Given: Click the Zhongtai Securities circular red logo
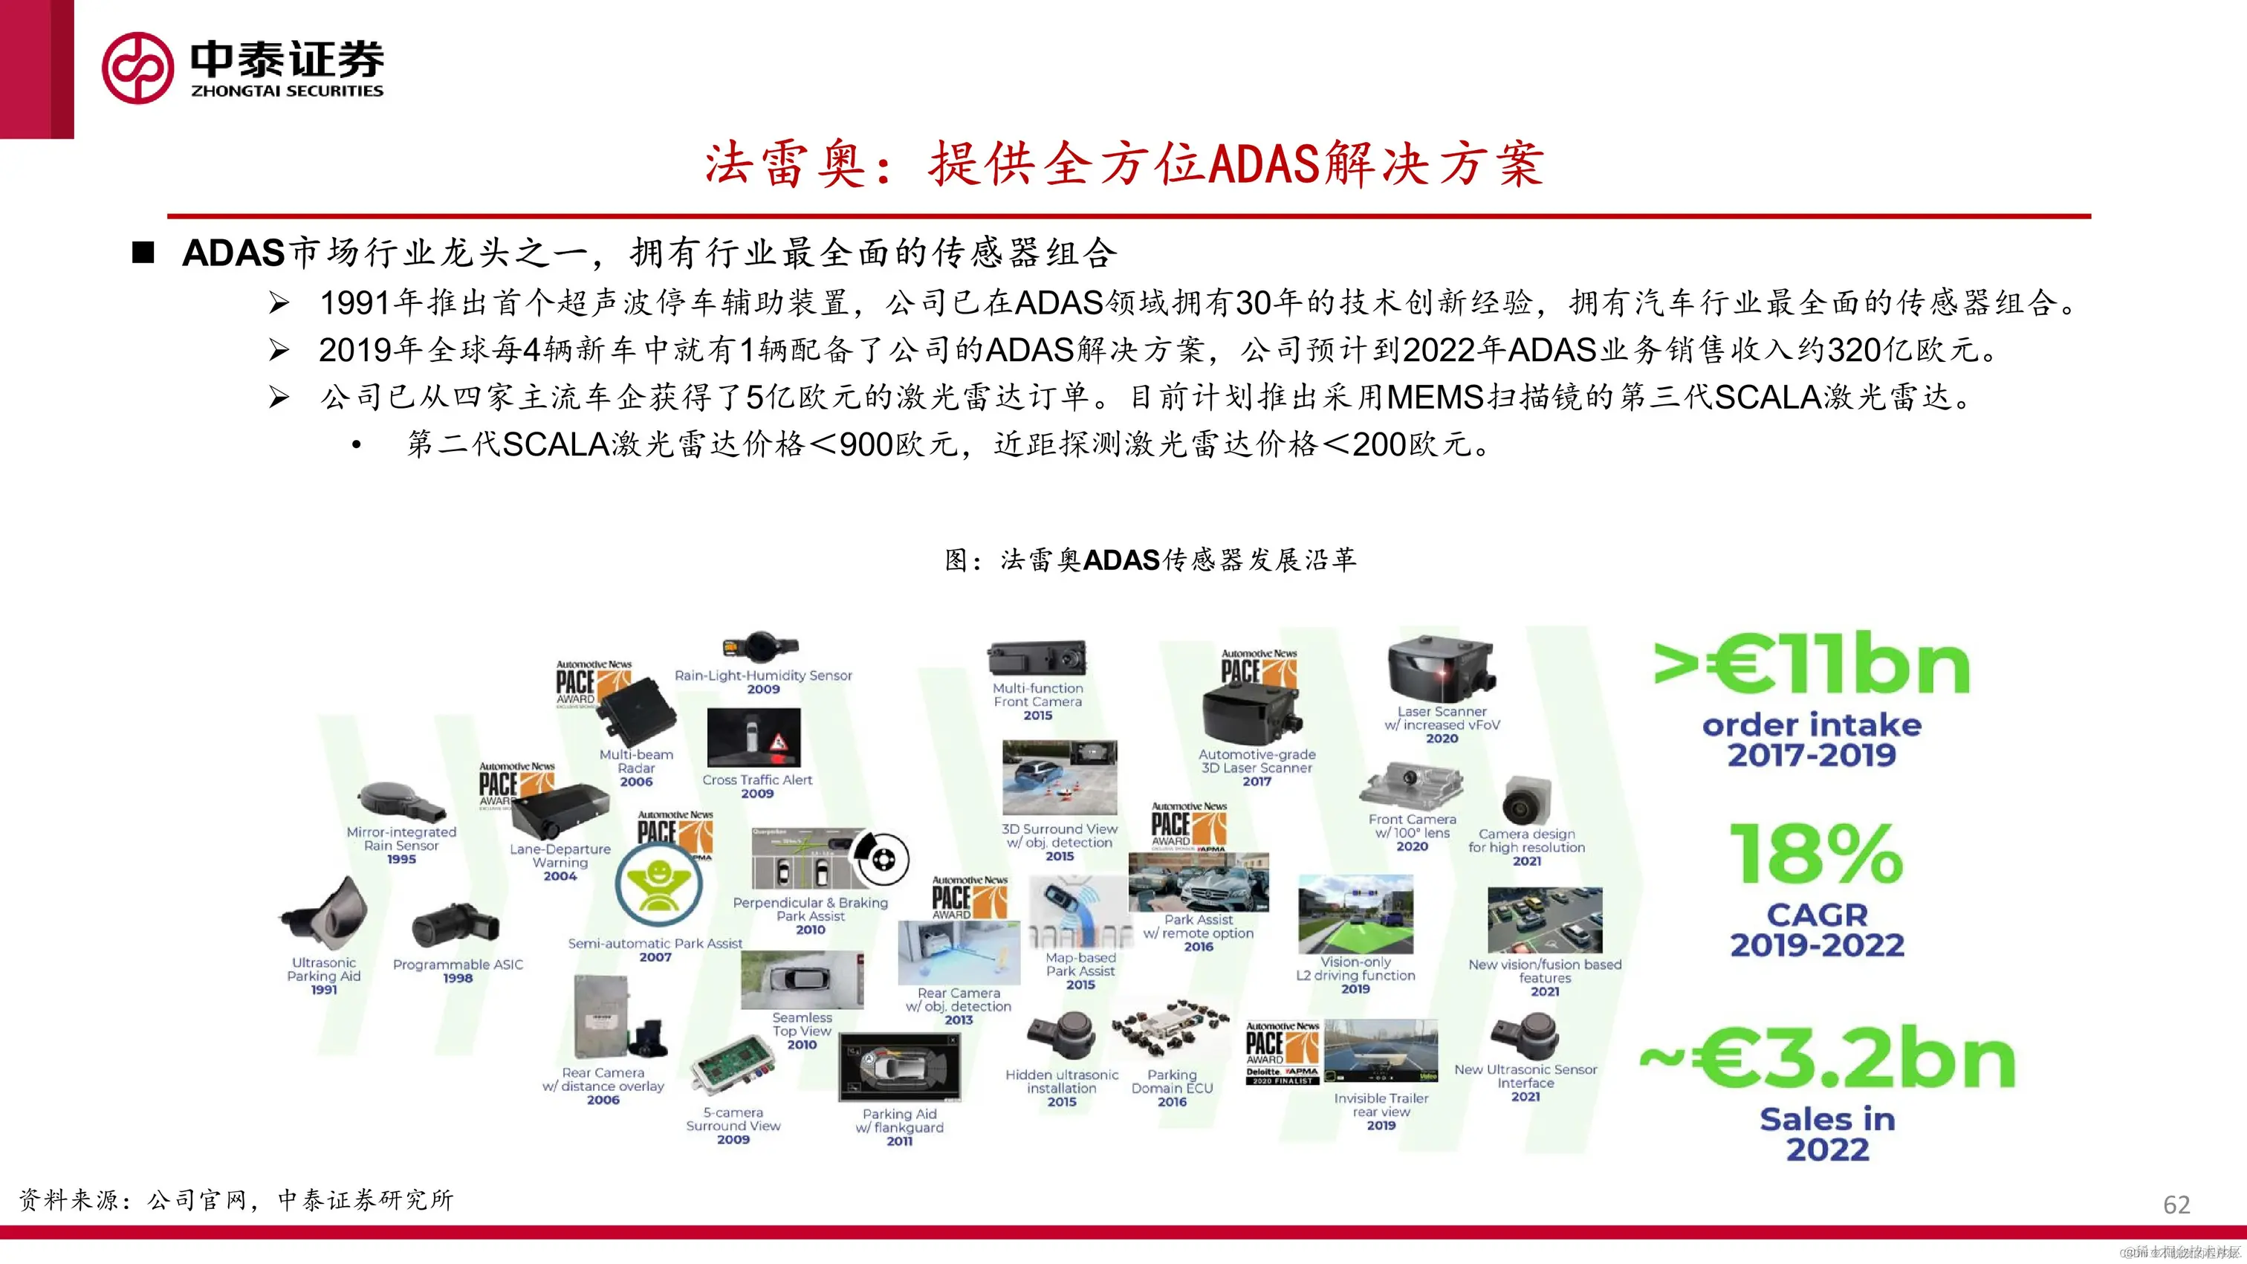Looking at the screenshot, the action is click(137, 68).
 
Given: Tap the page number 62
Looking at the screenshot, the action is click(2176, 1205).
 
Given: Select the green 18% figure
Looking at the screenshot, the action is click(1816, 855).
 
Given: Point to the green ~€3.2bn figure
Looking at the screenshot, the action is click(1827, 1059).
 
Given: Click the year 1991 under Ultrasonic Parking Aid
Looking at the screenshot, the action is click(324, 990).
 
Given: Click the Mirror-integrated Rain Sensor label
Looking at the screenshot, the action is click(401, 839).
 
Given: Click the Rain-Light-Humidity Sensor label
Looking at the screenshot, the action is click(763, 675).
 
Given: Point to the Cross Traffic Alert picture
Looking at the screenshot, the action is click(753, 737).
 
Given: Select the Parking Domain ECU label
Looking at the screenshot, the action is click(1172, 1082).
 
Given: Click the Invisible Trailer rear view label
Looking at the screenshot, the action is click(1381, 1105).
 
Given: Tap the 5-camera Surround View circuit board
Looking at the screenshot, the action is click(732, 1069).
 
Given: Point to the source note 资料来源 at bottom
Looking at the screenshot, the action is click(236, 1200).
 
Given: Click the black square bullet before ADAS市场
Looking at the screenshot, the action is click(143, 253).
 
